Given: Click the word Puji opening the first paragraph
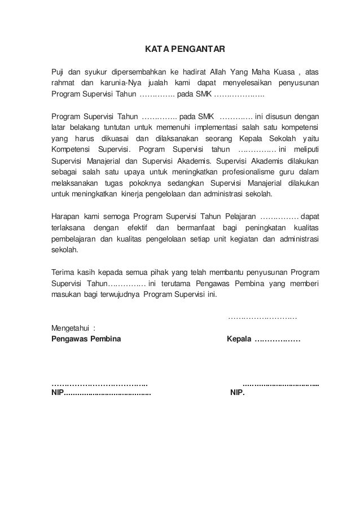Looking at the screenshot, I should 58,72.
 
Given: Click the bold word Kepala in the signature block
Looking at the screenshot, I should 239,339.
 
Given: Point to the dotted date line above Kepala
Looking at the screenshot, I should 262,318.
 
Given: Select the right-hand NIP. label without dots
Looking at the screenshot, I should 238,394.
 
